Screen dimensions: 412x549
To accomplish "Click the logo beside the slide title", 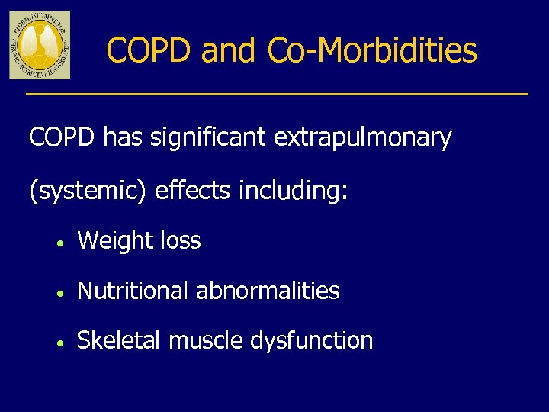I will [x=40, y=45].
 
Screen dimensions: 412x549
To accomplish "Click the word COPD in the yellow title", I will [x=149, y=51].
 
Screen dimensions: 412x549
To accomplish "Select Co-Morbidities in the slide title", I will [x=372, y=51].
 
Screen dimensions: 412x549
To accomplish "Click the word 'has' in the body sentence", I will [x=122, y=138].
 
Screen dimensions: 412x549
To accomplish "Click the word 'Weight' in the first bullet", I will [x=115, y=242].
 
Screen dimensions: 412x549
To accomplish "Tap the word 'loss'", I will [x=181, y=241].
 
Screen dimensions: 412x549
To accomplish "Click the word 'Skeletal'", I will [x=120, y=340].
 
